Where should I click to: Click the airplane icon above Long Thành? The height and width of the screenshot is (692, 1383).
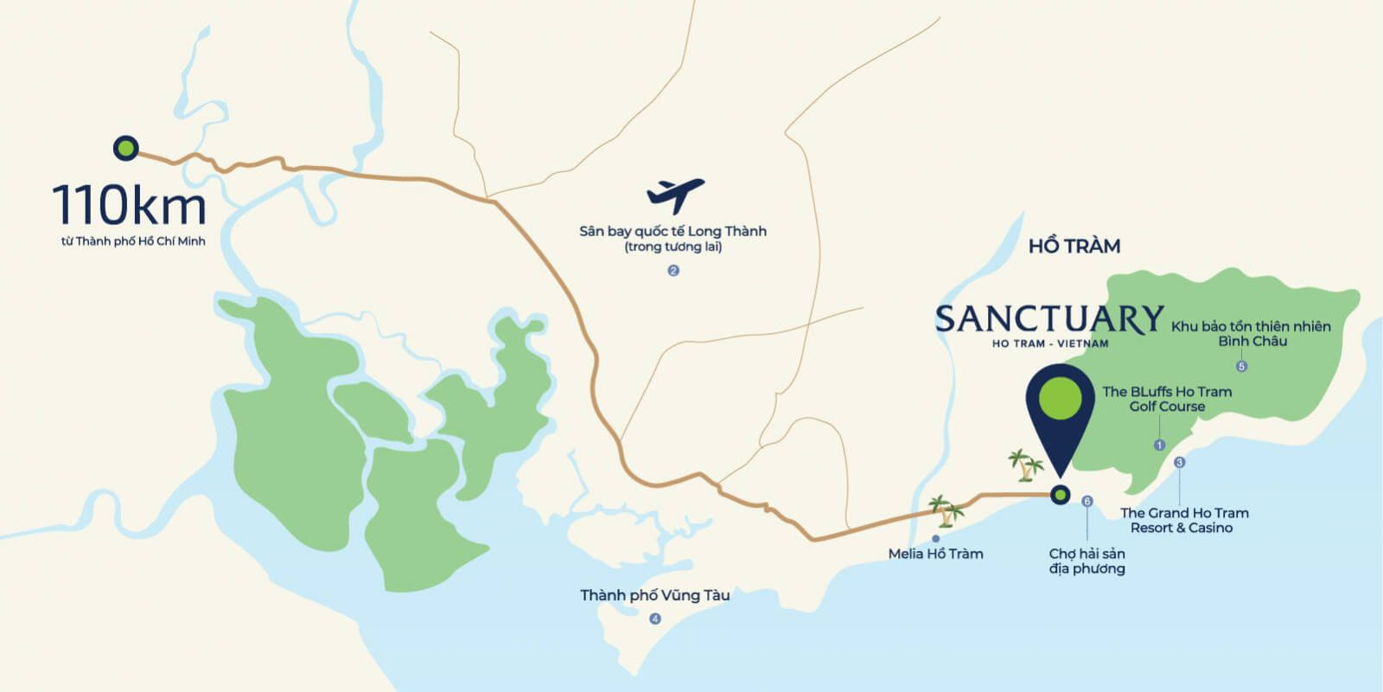tap(675, 195)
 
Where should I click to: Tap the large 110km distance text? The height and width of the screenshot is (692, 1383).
tap(130, 206)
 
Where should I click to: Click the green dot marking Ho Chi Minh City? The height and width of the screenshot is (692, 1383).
tap(126, 148)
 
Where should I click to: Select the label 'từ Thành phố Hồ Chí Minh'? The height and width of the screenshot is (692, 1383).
tap(133, 241)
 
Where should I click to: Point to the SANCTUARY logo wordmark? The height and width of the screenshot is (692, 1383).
tap(1048, 319)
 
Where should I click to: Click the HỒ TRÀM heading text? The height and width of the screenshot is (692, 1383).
tap(1074, 247)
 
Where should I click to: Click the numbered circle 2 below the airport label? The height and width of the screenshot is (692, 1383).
tap(673, 271)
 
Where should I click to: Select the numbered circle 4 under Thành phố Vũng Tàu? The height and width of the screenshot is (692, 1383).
tap(655, 618)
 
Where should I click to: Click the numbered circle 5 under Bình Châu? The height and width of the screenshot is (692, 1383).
tap(1241, 366)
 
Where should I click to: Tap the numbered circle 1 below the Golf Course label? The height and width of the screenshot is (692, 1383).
tap(1160, 445)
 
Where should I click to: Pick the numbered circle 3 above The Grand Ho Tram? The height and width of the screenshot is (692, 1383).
tap(1180, 463)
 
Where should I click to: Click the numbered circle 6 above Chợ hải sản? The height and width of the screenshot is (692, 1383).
tap(1087, 501)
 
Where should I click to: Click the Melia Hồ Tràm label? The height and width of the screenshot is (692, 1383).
tap(935, 554)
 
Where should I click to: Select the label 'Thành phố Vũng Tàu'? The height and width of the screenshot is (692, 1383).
tap(654, 595)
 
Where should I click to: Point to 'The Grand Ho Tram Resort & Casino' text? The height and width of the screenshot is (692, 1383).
tap(1183, 520)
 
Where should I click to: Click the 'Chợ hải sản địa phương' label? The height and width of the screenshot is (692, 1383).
tap(1087, 561)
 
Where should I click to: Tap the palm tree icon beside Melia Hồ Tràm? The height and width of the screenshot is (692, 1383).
tap(946, 511)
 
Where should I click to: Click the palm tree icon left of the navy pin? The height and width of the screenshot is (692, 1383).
tap(1026, 465)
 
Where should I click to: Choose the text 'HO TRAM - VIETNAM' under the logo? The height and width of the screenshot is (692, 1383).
tap(1049, 343)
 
